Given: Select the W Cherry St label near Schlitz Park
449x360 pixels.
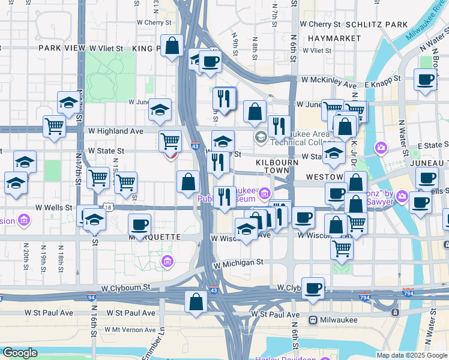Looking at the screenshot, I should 320,25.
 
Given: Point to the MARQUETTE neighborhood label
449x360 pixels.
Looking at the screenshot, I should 155,237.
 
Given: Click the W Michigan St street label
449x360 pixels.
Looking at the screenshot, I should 238,263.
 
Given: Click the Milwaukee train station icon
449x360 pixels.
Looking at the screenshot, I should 313,320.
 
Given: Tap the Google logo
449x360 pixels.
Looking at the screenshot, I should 19,353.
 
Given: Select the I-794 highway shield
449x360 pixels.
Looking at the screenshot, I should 408,293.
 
